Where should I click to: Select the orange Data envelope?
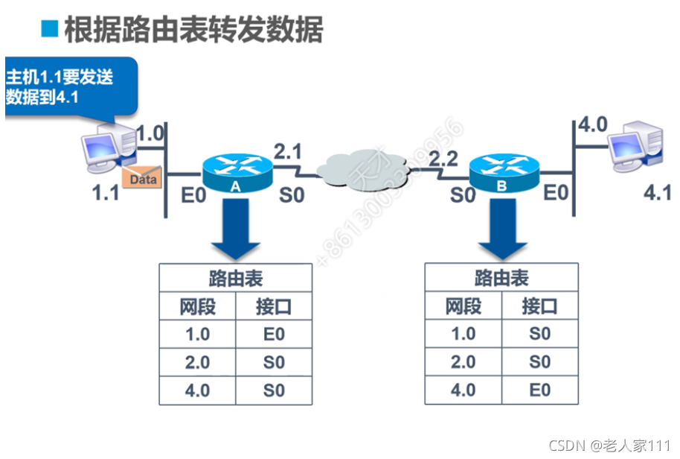point(142,179)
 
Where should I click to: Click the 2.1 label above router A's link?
point(288,152)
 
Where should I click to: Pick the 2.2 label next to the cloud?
point(443,158)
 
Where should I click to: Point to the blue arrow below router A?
point(234,230)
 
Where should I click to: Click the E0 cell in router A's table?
point(274,334)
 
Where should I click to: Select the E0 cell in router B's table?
point(539,390)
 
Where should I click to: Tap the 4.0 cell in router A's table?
point(197,390)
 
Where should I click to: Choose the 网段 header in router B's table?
point(463,306)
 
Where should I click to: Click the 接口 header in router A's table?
point(274,306)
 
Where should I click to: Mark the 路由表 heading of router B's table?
point(501,279)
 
